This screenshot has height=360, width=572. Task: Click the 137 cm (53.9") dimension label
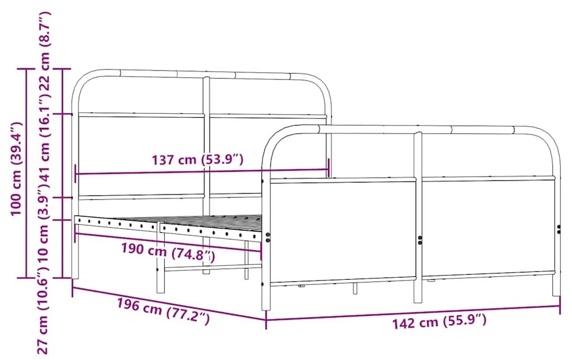197,160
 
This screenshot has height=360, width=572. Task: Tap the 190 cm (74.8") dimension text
168,252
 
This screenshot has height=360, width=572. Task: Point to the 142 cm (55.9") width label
439,322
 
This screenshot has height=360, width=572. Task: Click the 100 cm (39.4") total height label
16,169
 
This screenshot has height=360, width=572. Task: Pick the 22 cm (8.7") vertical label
44,51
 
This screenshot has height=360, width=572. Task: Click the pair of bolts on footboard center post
420,240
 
